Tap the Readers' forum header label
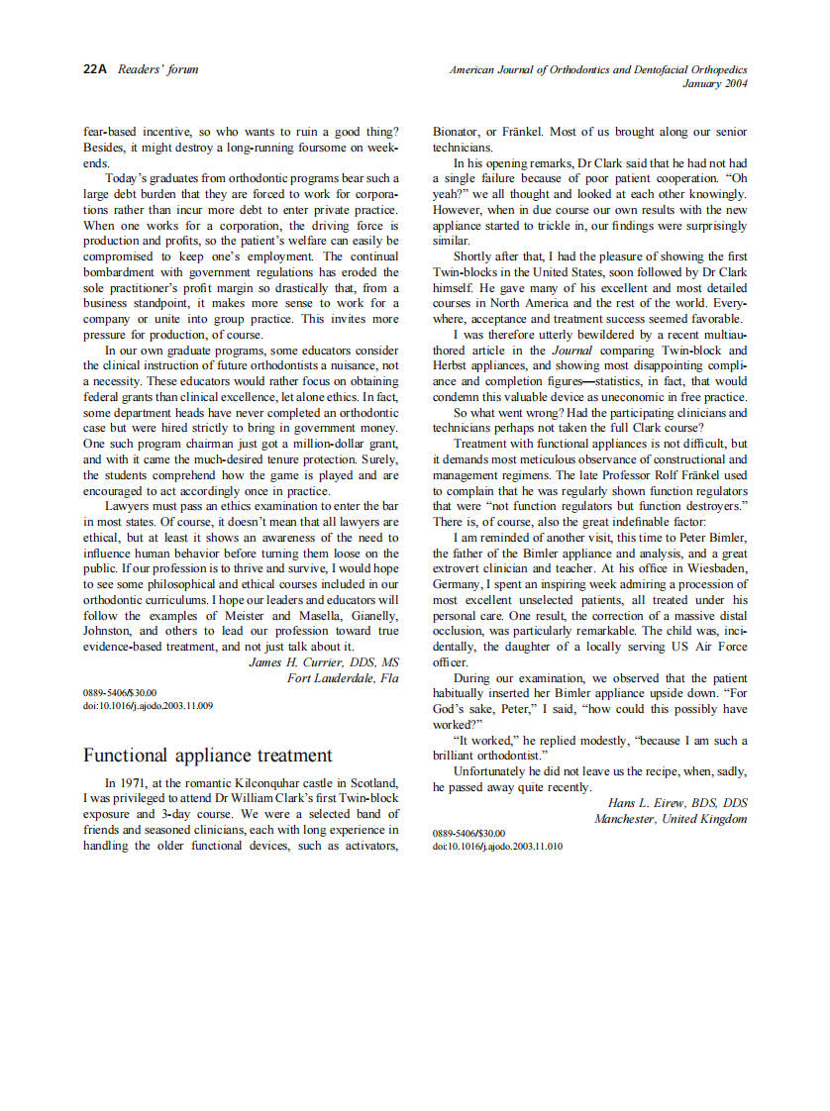click(157, 69)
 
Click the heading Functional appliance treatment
click(208, 756)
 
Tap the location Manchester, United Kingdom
click(671, 819)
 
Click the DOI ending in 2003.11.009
click(148, 706)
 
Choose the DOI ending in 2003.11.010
click(498, 847)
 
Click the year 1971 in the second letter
click(135, 782)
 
